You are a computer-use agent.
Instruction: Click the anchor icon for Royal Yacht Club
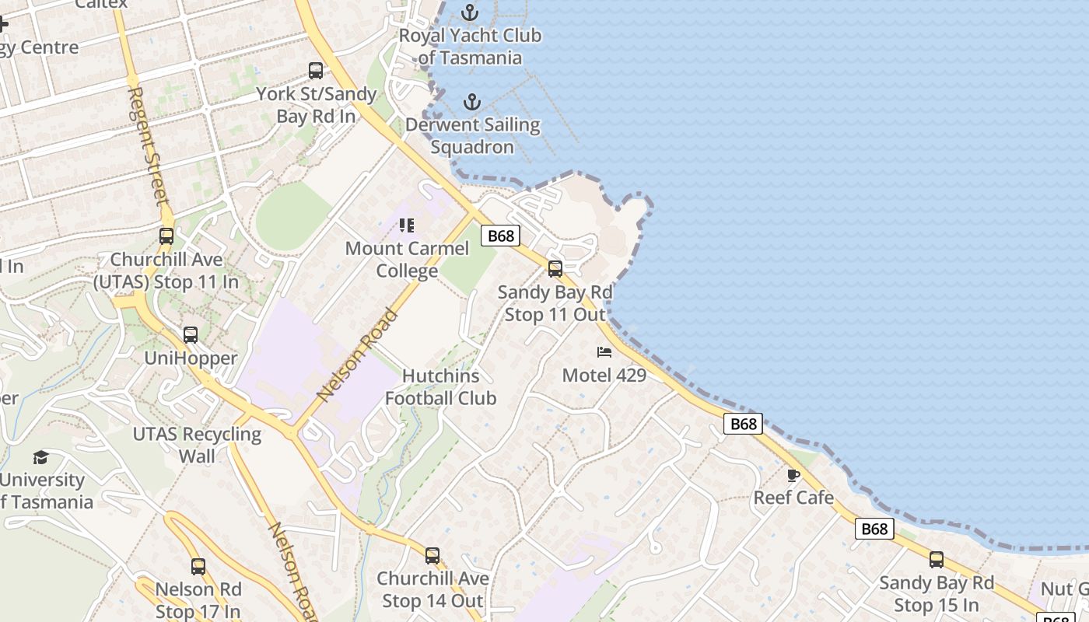pos(469,12)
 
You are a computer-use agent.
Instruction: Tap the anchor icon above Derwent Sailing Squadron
pos(471,102)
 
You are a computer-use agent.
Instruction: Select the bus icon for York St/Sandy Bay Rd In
pos(315,71)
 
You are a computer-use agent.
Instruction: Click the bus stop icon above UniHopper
pos(191,335)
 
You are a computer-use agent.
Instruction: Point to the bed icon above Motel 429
pos(604,352)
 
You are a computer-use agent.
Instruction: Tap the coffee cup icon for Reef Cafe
pos(793,475)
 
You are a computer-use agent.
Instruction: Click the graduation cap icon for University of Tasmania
pos(40,457)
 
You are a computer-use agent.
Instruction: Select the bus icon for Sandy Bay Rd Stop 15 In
pos(937,560)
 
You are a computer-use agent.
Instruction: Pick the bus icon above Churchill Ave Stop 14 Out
pos(432,556)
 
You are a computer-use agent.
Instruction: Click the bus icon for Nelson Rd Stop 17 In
pos(198,567)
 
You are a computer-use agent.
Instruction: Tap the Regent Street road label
pos(148,145)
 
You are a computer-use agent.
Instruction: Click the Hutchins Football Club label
pos(440,387)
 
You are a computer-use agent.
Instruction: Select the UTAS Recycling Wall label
pos(198,445)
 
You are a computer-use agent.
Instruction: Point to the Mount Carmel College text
pos(407,260)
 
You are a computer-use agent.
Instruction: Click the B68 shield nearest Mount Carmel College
pos(499,236)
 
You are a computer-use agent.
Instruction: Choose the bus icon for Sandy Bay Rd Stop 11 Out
pos(555,269)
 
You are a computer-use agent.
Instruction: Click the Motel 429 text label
pos(604,376)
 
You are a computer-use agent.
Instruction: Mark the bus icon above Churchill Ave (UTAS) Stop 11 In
pos(166,236)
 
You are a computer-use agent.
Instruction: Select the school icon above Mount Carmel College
pos(407,225)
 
